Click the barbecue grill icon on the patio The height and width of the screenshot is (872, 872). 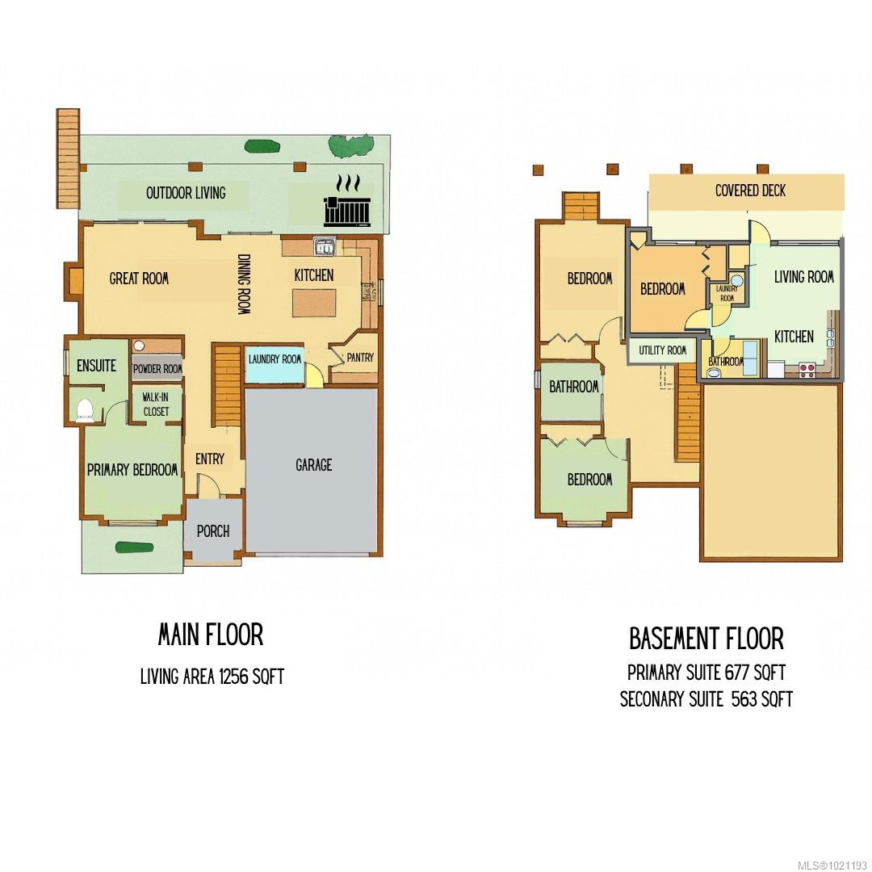click(x=346, y=208)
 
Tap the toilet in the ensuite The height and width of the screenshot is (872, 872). click(x=85, y=411)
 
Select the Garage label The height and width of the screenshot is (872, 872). click(x=313, y=465)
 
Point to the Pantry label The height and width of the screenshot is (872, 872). click(x=359, y=358)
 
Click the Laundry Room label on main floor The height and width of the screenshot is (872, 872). click(x=275, y=359)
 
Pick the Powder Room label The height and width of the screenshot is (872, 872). click(x=157, y=369)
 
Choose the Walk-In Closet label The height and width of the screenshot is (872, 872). click(x=156, y=405)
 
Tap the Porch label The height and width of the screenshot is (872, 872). click(x=213, y=531)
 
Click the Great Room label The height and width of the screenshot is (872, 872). click(x=139, y=279)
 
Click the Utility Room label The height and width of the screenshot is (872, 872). click(x=663, y=350)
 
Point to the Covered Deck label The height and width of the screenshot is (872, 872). click(x=750, y=191)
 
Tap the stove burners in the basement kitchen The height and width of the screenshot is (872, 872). click(x=807, y=370)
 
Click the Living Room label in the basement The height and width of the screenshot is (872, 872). click(x=803, y=277)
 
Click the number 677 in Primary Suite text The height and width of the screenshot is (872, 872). click(x=736, y=672)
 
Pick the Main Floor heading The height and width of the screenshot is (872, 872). click(x=210, y=635)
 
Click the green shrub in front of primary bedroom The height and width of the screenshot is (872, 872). click(x=133, y=547)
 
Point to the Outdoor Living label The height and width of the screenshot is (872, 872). click(x=186, y=193)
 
